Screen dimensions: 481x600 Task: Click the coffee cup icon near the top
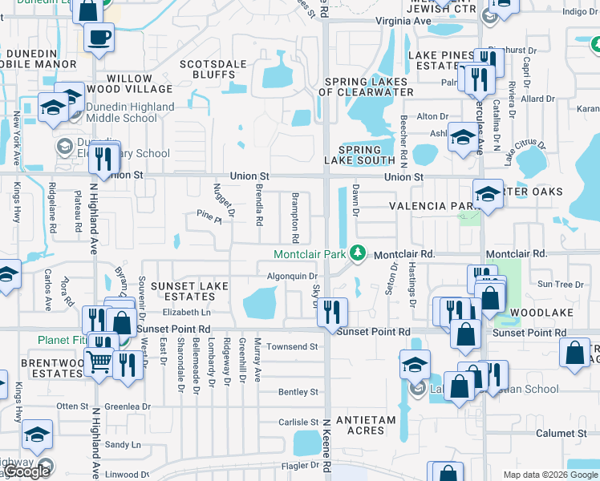coord(99,37)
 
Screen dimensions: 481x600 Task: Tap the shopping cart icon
coord(99,362)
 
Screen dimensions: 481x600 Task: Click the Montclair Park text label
coord(310,254)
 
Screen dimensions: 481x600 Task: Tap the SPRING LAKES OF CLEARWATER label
coord(367,87)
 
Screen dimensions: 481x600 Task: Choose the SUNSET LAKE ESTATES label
coord(189,291)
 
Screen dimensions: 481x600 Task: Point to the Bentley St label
coord(298,392)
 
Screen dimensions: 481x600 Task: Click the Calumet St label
coord(561,434)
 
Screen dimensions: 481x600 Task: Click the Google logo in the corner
coord(26,471)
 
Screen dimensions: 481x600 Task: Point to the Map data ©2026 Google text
coord(549,475)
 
